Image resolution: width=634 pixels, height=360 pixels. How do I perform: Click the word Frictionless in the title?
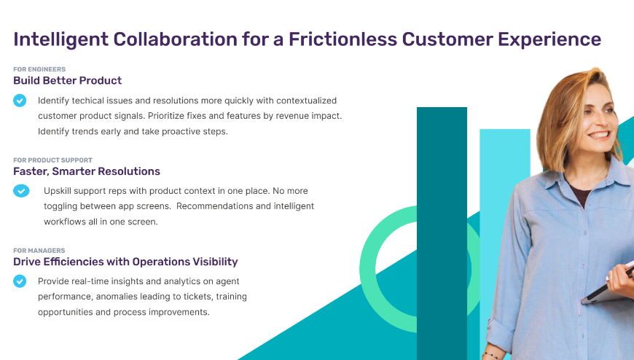pyautogui.click(x=343, y=39)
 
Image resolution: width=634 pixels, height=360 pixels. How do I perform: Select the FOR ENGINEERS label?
pyautogui.click(x=39, y=69)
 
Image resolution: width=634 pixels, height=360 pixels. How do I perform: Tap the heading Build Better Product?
pyautogui.click(x=68, y=80)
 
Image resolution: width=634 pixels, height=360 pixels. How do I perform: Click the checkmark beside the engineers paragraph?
pyautogui.click(x=20, y=101)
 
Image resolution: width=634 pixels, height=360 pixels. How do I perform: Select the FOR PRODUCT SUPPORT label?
pyautogui.click(x=52, y=160)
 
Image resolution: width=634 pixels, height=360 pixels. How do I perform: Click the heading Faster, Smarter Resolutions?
pyautogui.click(x=87, y=171)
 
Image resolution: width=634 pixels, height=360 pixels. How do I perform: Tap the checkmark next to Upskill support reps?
pyautogui.click(x=21, y=190)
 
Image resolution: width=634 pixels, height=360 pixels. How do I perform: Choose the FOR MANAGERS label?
pyautogui.click(x=39, y=251)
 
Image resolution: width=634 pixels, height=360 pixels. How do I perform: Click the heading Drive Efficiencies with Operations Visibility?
pyautogui.click(x=125, y=262)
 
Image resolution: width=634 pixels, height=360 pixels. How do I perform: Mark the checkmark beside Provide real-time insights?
pyautogui.click(x=20, y=281)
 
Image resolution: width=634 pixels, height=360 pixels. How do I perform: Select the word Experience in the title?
pyautogui.click(x=549, y=39)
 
